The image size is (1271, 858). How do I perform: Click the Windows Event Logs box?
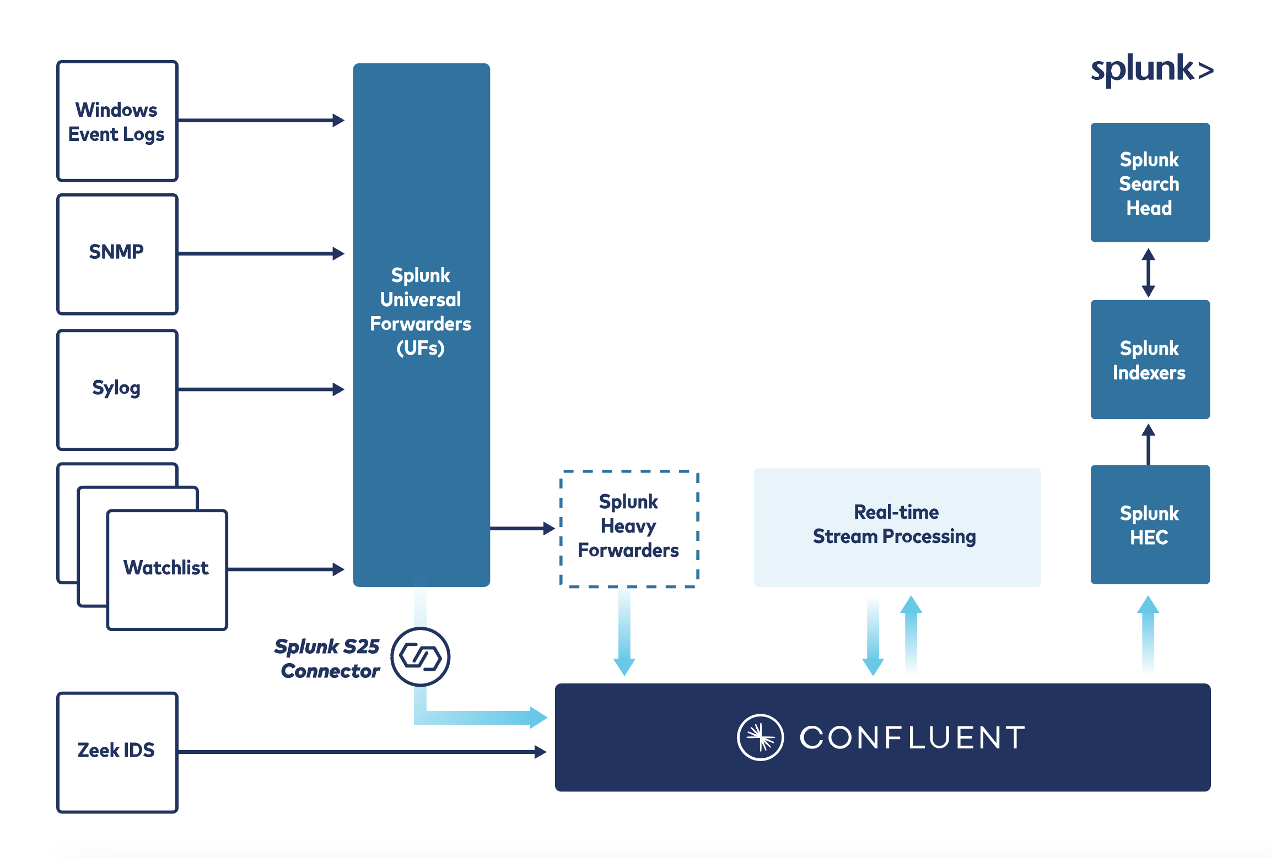(117, 121)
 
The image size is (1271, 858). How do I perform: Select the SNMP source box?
(117, 253)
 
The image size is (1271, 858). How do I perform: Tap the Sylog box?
(117, 389)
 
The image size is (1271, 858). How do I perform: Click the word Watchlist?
(166, 568)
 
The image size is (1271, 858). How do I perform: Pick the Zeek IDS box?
(117, 751)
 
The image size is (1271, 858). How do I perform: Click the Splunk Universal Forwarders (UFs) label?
(421, 312)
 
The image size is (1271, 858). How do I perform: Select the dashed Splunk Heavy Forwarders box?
(629, 528)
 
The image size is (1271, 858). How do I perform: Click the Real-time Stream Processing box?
(897, 526)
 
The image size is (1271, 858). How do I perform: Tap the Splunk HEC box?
(1150, 525)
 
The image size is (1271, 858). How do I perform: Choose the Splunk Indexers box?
(1150, 360)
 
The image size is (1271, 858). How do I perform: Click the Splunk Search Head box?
(1150, 183)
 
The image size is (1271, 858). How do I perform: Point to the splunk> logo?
(1151, 70)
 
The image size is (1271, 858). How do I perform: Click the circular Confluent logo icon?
(760, 737)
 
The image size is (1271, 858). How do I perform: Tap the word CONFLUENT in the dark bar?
(912, 737)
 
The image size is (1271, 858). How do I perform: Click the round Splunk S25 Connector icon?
(421, 656)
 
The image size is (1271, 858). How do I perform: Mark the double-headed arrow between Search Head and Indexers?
(1149, 273)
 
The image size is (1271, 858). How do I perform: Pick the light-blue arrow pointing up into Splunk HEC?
(1148, 633)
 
